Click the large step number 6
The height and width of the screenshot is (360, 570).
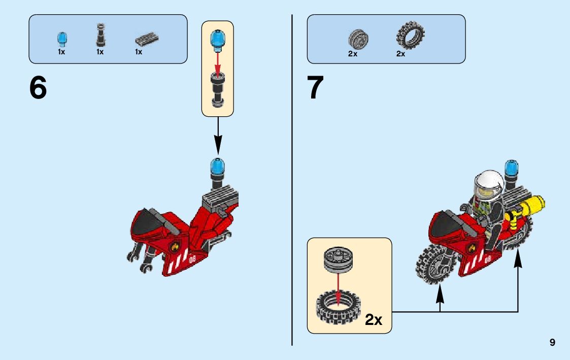38,88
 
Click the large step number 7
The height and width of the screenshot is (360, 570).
315,88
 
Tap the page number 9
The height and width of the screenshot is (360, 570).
552,343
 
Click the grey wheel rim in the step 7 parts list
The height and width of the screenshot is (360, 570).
358,39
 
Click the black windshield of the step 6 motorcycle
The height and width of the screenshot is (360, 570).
147,219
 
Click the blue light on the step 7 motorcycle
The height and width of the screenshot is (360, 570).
511,168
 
